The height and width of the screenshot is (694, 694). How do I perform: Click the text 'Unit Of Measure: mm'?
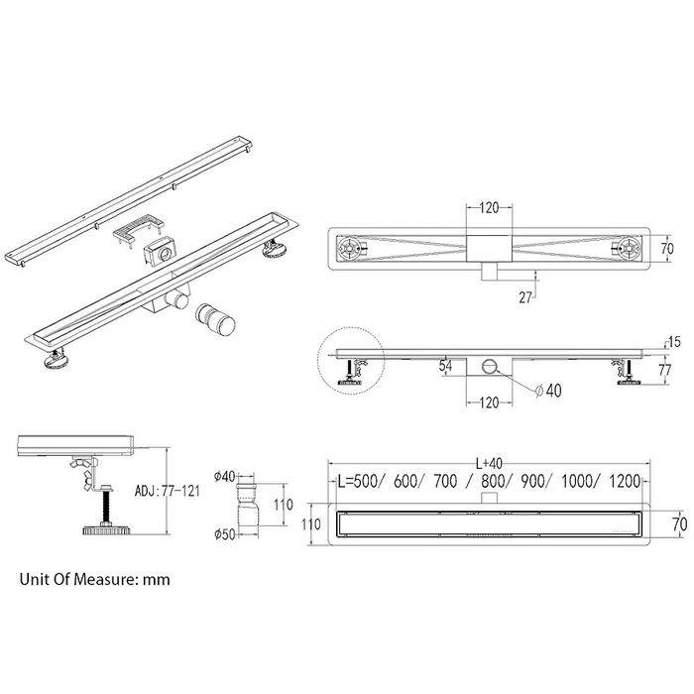click(95, 579)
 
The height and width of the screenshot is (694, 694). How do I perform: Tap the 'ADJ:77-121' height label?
click(168, 491)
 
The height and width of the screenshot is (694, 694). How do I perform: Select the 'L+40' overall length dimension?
click(489, 463)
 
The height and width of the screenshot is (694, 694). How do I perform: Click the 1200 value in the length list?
click(625, 481)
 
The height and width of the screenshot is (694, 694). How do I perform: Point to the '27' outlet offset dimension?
click(525, 297)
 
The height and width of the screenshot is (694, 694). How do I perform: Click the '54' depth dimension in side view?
click(445, 365)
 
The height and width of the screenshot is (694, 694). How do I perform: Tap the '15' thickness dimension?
click(675, 342)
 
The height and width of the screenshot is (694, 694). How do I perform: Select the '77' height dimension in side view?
click(665, 370)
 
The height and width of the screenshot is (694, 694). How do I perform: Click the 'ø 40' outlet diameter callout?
click(548, 391)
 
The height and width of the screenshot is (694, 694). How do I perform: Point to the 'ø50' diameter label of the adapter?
click(225, 534)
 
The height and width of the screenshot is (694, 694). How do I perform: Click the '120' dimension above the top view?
click(489, 207)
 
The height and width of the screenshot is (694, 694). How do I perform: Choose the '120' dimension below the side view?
click(489, 403)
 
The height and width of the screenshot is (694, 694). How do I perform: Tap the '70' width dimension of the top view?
click(667, 249)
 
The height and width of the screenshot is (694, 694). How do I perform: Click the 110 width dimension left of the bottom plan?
click(311, 524)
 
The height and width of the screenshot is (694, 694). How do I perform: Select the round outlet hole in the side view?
click(490, 366)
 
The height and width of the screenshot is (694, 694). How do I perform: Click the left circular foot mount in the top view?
click(348, 248)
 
